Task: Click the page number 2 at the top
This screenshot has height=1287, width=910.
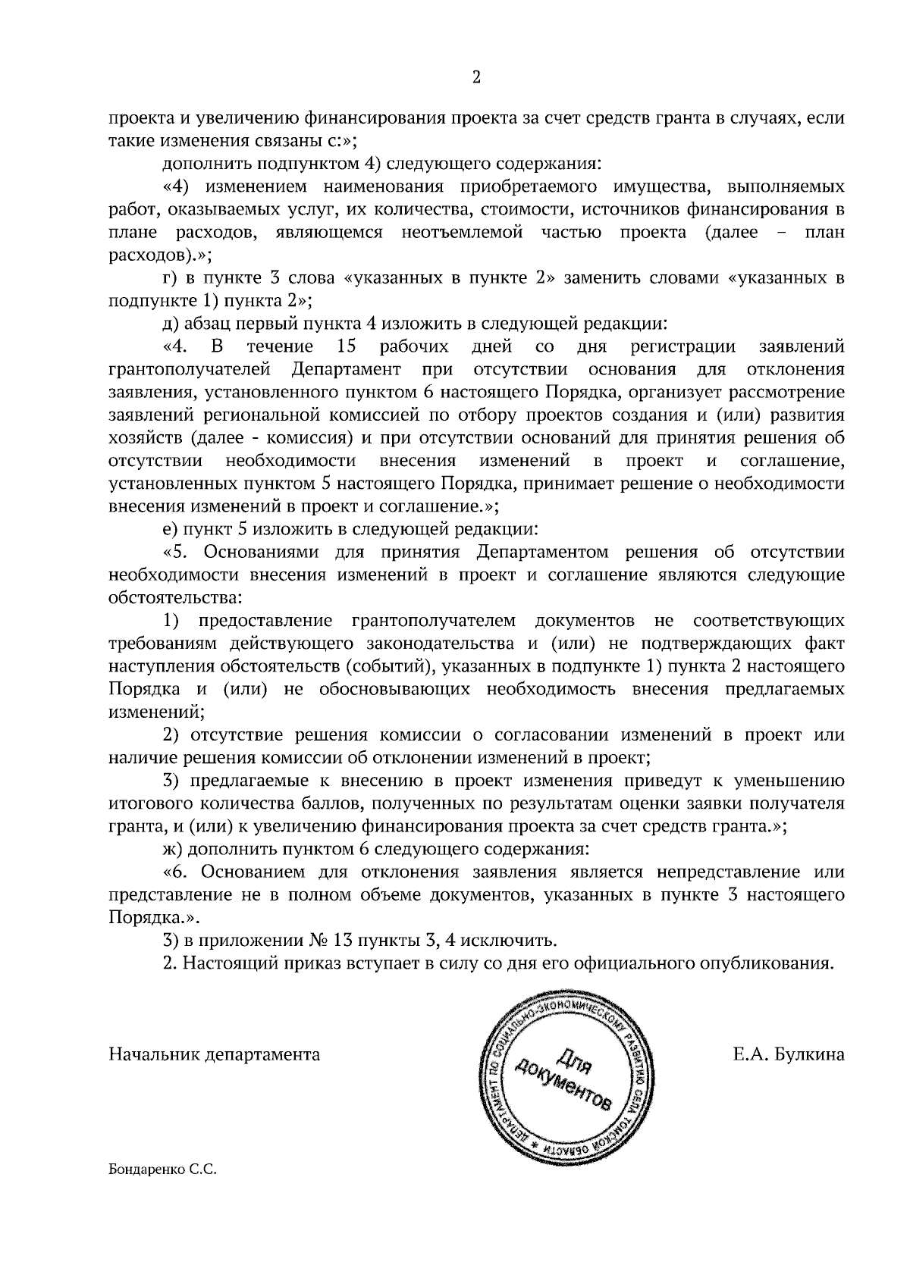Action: tap(476, 77)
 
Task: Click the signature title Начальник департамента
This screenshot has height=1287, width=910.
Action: tap(215, 1054)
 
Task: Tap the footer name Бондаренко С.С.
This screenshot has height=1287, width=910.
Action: tap(163, 1191)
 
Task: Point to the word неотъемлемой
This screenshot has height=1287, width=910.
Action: tap(463, 232)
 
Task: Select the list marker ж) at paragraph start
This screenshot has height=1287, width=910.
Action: tap(172, 850)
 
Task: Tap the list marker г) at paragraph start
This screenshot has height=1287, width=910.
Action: tap(171, 279)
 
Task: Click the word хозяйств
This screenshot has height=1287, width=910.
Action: tap(146, 438)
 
